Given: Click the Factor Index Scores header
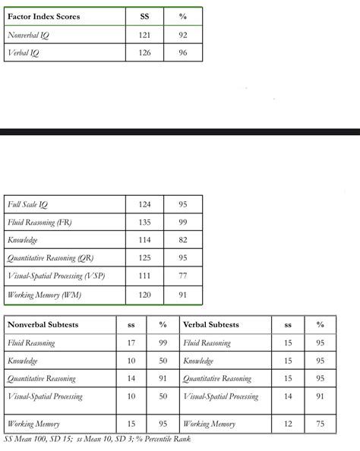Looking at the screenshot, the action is [x=43, y=16].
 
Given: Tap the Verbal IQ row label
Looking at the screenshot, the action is [x=24, y=53].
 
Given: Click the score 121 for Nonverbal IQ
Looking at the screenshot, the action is [x=146, y=35].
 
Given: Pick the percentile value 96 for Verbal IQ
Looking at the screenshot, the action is [x=183, y=53].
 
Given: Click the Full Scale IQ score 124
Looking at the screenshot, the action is [x=146, y=204].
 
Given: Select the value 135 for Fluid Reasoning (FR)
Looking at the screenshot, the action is [x=146, y=222].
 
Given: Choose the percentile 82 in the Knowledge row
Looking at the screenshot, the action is [x=183, y=241].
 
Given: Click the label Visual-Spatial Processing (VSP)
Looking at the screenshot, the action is [x=56, y=277].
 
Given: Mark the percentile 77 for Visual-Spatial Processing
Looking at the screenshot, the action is [x=183, y=277].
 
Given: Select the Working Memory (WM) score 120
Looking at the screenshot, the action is [x=146, y=295].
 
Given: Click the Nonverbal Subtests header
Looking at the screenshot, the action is [x=43, y=325].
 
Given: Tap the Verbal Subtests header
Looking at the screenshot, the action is [x=211, y=325].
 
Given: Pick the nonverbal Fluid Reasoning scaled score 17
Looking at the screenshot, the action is [x=131, y=343].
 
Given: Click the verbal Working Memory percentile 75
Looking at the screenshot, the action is [x=320, y=424].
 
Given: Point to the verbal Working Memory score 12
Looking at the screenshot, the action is [x=288, y=424].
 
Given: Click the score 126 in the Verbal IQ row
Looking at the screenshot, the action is [x=146, y=53].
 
